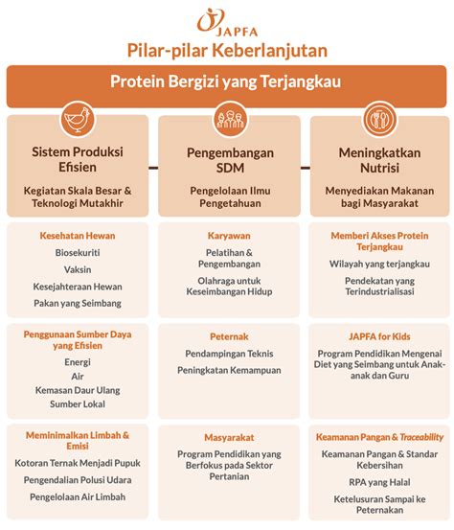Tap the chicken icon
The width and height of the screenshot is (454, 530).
[78, 122]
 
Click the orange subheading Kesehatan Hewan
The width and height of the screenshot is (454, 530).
[78, 235]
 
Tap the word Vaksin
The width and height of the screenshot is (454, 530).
[78, 269]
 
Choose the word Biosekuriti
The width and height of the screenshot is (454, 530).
[78, 252]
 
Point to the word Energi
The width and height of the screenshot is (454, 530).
[78, 362]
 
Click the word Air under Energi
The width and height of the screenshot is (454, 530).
[78, 377]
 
